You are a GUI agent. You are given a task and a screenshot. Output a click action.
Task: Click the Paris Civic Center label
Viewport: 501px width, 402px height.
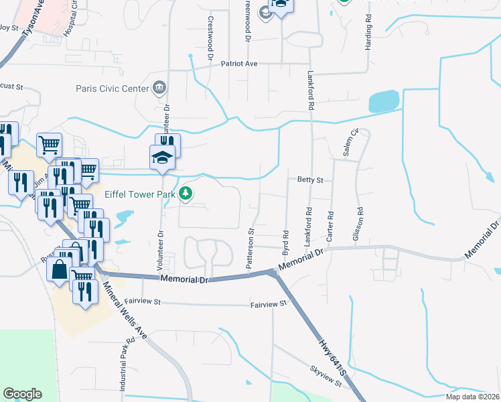(113, 87)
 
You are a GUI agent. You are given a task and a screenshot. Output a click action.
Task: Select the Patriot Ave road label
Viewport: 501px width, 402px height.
(240, 64)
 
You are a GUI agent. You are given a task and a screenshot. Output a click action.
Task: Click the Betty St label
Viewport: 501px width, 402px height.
(310, 180)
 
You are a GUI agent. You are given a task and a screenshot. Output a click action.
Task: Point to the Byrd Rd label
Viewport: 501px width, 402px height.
(285, 245)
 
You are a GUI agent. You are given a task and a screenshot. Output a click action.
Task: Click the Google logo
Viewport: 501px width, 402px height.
(23, 394)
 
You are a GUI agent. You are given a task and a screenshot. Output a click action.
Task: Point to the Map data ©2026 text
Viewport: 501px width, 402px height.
(472, 397)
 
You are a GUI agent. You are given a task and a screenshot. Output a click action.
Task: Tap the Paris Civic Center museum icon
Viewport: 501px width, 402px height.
(159, 87)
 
